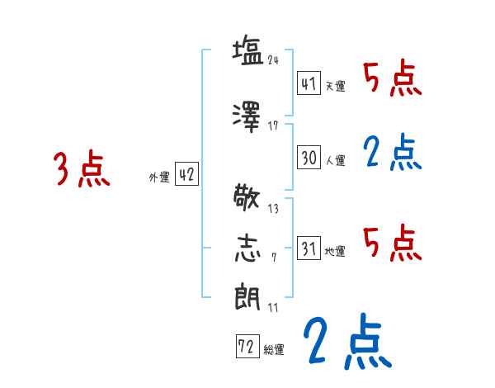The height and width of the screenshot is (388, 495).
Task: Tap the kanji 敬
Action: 248,197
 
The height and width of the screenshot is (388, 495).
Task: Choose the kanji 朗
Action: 248,295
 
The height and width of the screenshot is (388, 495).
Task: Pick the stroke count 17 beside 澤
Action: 273,126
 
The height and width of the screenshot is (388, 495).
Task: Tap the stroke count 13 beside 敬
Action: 273,208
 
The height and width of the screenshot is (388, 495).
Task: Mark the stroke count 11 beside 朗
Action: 273,307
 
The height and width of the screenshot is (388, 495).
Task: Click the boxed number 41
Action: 309,83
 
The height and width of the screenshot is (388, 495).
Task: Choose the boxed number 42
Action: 186,175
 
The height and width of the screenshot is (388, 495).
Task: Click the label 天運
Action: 335,86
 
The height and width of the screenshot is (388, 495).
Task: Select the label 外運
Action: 158,177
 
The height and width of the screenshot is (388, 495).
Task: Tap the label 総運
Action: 274,348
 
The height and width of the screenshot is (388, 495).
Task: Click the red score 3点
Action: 82,169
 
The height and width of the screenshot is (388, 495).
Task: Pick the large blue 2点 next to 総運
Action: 345,341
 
